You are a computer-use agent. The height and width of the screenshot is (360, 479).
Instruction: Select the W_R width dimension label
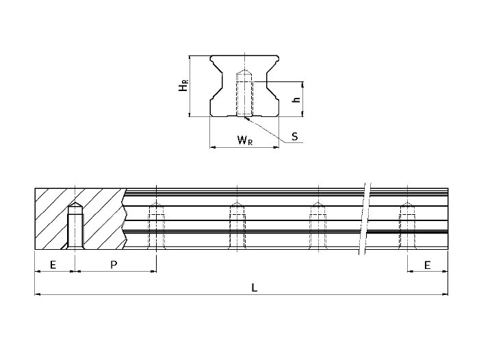244,140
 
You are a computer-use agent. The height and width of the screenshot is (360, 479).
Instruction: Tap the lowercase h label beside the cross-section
296,99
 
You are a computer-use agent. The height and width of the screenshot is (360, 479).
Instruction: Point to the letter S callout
294,136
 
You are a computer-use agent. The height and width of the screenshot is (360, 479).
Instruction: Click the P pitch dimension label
114,264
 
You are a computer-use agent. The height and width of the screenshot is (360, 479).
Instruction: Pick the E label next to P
53,264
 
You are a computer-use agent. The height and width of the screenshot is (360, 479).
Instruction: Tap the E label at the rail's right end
428,264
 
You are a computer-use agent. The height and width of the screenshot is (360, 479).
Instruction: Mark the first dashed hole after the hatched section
157,226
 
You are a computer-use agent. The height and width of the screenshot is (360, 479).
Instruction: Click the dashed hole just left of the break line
316,226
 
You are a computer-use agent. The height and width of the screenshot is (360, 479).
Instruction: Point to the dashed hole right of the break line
407,226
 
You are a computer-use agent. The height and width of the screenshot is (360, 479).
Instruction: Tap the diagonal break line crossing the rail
367,219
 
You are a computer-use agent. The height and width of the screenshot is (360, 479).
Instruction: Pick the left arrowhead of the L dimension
38,295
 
